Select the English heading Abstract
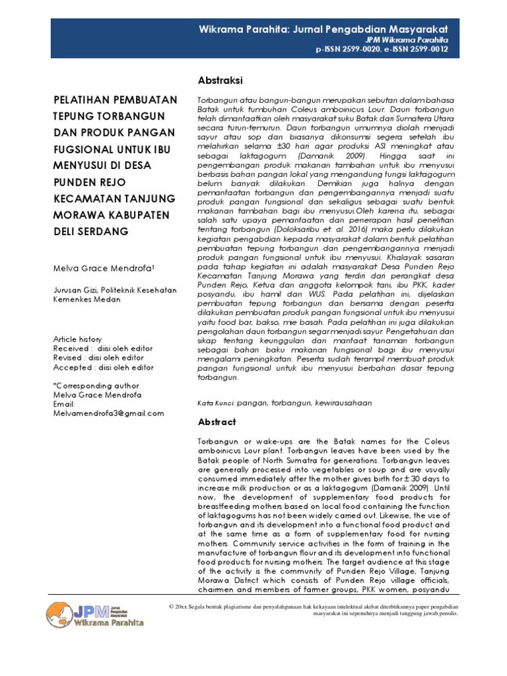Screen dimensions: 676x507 [x=217, y=422]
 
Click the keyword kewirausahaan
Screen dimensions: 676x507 [x=344, y=402]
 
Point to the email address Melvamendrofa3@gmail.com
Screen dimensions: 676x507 [x=108, y=413]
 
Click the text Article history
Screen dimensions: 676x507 [x=79, y=339]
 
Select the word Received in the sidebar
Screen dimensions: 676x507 [x=71, y=348]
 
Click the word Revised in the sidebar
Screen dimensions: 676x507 [x=69, y=358]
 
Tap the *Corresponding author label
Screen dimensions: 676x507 [x=96, y=386]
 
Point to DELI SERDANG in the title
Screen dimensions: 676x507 [x=91, y=231]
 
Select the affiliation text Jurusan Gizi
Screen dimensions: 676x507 [x=77, y=290]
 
